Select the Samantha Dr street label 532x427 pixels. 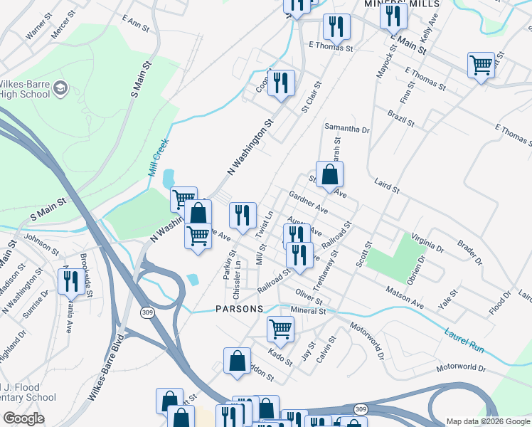[347, 130]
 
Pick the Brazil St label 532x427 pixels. [400, 118]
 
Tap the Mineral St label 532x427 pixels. [308, 311]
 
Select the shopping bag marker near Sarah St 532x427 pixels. [330, 174]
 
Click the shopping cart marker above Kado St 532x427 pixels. [281, 329]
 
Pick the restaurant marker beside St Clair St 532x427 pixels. [282, 83]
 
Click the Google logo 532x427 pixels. [23, 418]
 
